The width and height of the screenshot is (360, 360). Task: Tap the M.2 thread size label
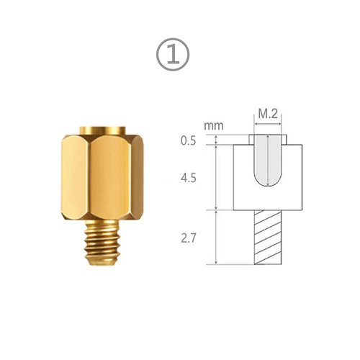click(x=268, y=114)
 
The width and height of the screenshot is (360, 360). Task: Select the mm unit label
click(x=212, y=126)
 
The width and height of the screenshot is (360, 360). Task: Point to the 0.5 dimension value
click(x=189, y=140)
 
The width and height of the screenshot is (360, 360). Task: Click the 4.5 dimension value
click(x=189, y=177)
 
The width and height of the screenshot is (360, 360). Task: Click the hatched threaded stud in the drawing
click(x=269, y=237)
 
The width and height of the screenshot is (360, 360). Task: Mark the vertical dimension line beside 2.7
click(x=217, y=237)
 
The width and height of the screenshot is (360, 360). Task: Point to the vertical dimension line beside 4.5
click(x=217, y=177)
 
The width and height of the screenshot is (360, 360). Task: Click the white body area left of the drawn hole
click(x=243, y=177)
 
